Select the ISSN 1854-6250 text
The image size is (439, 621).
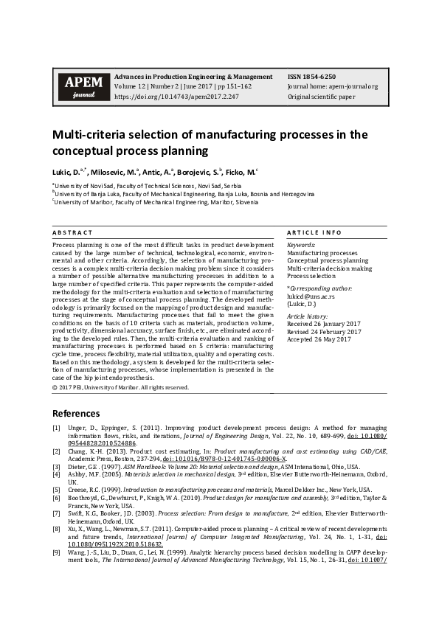point(311,76)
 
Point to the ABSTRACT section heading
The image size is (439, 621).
point(72,232)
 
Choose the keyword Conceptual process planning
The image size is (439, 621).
point(327,260)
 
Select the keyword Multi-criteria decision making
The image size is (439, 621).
point(329,268)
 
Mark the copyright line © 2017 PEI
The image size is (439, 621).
point(120,387)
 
